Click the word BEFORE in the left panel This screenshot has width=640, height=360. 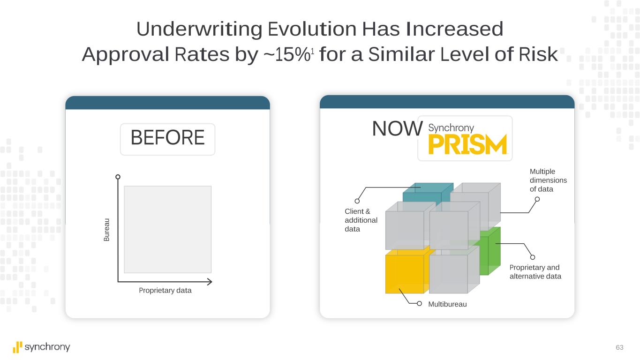167,137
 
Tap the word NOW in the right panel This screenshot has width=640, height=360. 397,128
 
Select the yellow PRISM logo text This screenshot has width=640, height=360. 467,144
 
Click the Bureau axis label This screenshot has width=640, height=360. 106,230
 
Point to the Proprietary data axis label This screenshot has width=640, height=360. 165,290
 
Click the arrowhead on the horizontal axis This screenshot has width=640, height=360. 210,282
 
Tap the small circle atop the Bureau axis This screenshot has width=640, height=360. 118,177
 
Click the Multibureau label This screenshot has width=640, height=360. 447,304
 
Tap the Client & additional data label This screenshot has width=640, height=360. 361,220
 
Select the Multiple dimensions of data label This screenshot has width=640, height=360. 548,180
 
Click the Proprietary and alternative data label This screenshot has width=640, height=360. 535,272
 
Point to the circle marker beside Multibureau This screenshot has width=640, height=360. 419,303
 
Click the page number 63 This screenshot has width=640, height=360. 619,347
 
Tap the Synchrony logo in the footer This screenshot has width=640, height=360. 41,347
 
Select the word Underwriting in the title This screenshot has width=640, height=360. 199,30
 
